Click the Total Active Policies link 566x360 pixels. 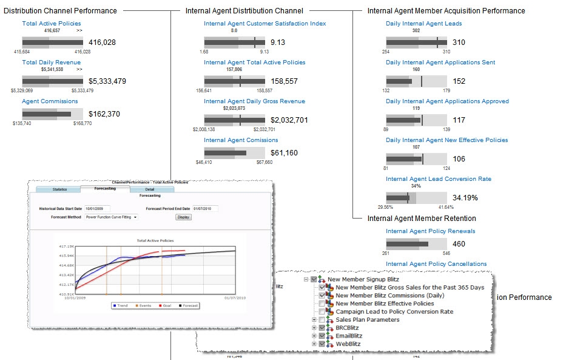tap(51, 24)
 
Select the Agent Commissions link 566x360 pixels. tap(50, 101)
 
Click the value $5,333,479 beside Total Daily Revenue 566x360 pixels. tap(107, 81)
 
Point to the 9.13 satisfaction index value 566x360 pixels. tap(277, 42)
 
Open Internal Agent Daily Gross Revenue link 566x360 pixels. tap(254, 101)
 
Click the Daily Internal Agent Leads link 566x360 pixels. tap(423, 24)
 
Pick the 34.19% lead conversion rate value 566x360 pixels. tap(465, 198)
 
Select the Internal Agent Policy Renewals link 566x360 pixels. tap(430, 231)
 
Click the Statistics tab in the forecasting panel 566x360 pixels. tap(59, 189)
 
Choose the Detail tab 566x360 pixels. tap(149, 189)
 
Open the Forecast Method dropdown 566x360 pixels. tap(112, 217)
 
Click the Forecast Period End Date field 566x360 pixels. tap(205, 209)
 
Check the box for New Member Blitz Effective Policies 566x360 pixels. tap(322, 304)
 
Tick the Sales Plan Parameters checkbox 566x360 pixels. tap(322, 320)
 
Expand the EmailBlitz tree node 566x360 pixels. tap(314, 336)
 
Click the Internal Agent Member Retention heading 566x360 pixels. tap(422, 219)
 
